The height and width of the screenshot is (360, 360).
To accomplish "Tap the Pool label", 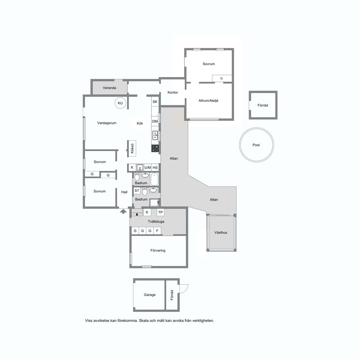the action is (x=256, y=145).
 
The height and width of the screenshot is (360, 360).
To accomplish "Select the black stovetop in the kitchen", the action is (x=155, y=148).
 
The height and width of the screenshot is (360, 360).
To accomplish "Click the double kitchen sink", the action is (x=155, y=135).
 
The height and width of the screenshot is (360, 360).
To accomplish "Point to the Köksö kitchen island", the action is (x=132, y=148).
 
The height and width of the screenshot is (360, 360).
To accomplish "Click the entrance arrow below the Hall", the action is (x=123, y=211).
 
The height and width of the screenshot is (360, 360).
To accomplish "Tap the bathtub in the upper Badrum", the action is (x=154, y=179).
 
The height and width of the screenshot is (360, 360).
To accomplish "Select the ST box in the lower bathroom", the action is (x=137, y=191).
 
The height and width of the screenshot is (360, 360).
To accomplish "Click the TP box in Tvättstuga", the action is (x=160, y=212).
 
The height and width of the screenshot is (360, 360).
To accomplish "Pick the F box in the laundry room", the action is (x=157, y=231).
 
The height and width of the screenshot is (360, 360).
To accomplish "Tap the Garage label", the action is (x=150, y=295).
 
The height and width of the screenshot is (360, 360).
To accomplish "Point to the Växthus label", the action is (x=221, y=232).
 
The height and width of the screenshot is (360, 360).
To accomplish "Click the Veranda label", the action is (x=109, y=88).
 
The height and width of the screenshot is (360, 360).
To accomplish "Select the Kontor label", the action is (x=173, y=92).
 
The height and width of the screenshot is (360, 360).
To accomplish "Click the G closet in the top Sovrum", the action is (x=222, y=78).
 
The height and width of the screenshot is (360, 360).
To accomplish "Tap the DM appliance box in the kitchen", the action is (x=155, y=121).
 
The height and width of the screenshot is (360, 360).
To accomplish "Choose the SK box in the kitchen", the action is (x=155, y=102).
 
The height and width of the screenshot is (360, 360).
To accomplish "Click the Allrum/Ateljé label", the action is (x=208, y=101).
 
